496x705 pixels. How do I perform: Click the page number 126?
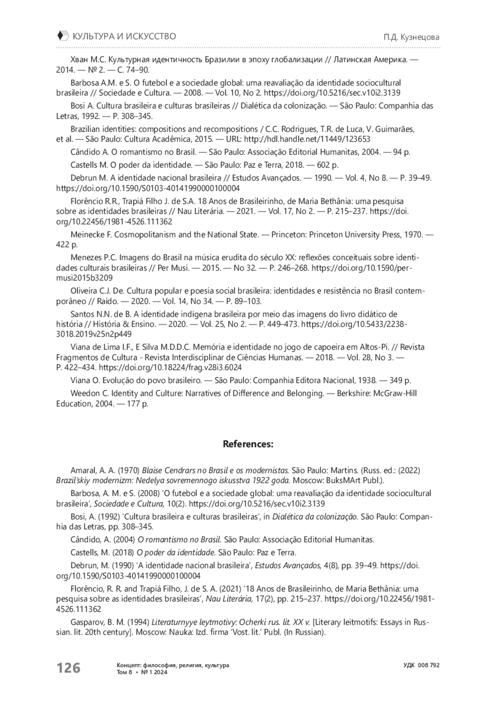tap(68, 667)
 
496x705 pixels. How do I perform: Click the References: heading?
tap(248, 444)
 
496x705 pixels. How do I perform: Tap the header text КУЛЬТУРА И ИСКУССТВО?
tap(124, 36)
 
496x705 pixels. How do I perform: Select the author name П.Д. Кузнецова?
tap(411, 37)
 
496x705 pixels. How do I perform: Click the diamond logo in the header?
tap(62, 36)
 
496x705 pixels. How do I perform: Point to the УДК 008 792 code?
tap(421, 665)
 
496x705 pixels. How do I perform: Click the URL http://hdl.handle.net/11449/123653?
tap(307, 139)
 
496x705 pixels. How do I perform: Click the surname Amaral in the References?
tap(83, 470)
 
